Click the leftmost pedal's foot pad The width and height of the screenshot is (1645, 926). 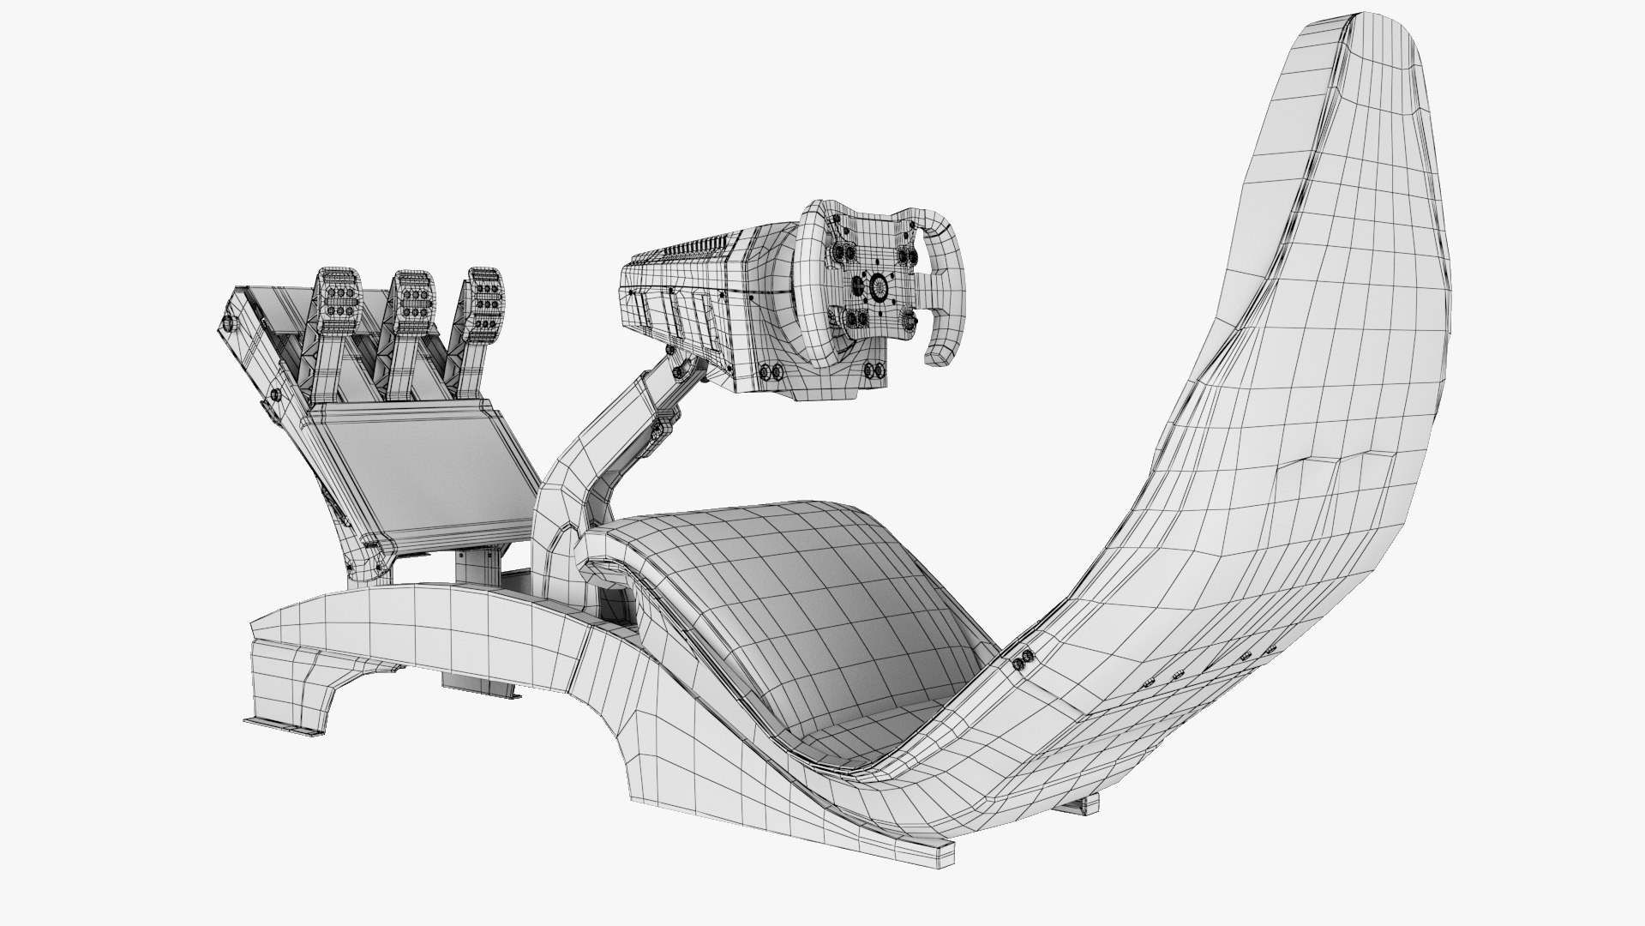(x=342, y=302)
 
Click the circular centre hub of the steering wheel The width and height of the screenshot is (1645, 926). (x=876, y=286)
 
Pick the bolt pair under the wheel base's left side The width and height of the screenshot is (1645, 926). (x=771, y=371)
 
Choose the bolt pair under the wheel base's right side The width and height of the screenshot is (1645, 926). (x=874, y=370)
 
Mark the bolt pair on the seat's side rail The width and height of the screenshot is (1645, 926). (x=1024, y=661)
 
